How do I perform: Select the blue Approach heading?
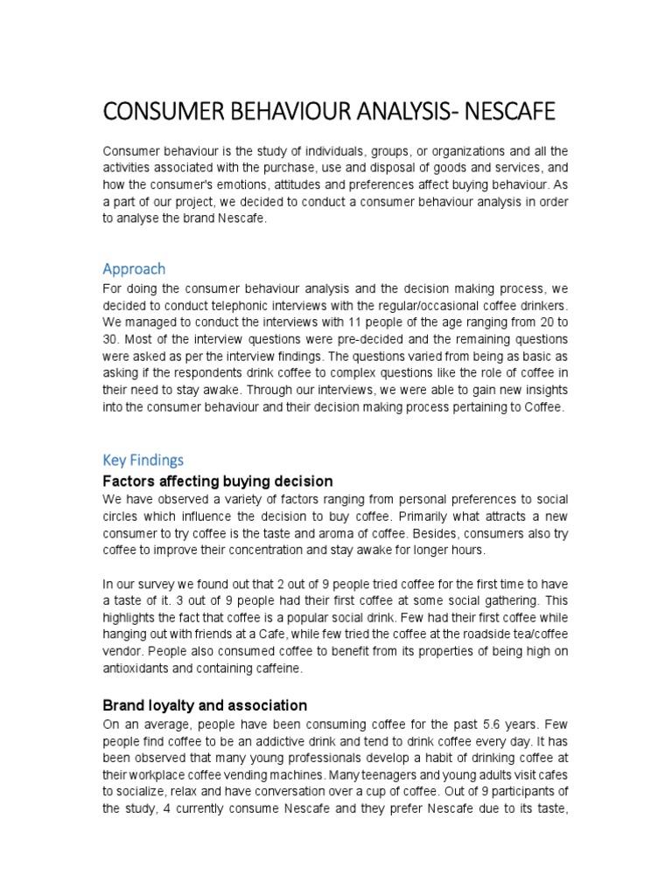point(134,268)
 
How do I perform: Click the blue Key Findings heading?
point(143,460)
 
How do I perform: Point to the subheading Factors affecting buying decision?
point(218,481)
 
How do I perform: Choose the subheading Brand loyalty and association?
point(205,704)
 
